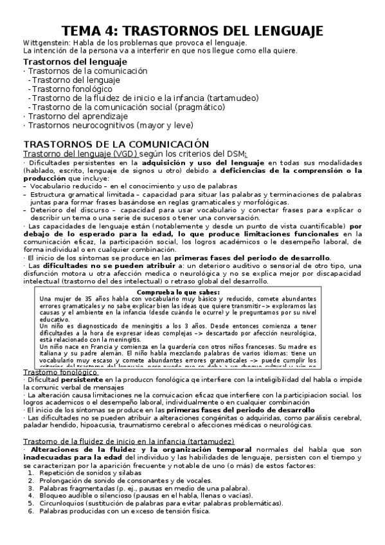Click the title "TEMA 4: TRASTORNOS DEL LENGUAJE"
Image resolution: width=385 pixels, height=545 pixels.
tap(192, 31)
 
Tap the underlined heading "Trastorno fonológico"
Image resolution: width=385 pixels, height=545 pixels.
tap(60, 372)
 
